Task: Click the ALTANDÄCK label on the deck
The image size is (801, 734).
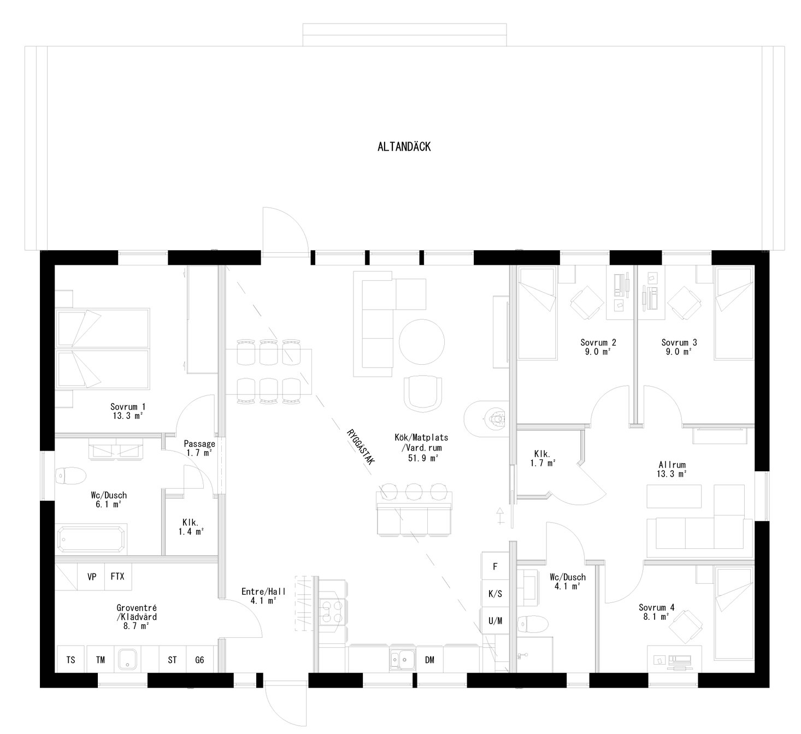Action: pyautogui.click(x=404, y=147)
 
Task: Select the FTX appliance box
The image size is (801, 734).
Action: pyautogui.click(x=117, y=577)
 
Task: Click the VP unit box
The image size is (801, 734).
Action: pyautogui.click(x=91, y=577)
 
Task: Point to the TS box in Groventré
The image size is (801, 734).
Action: pyautogui.click(x=71, y=660)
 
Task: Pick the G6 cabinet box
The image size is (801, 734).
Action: pyautogui.click(x=199, y=660)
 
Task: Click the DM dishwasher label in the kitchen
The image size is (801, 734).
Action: pyautogui.click(x=429, y=660)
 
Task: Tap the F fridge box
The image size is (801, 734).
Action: pyautogui.click(x=495, y=566)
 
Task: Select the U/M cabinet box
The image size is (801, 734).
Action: pyautogui.click(x=495, y=620)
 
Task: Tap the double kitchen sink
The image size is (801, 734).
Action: pyautogui.click(x=402, y=659)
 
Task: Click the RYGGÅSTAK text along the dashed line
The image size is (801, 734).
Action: pyautogui.click(x=360, y=446)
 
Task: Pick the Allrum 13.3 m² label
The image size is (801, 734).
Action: pyautogui.click(x=672, y=469)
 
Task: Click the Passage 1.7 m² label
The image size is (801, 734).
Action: pyautogui.click(x=199, y=448)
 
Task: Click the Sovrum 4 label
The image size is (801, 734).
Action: pyautogui.click(x=656, y=612)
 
